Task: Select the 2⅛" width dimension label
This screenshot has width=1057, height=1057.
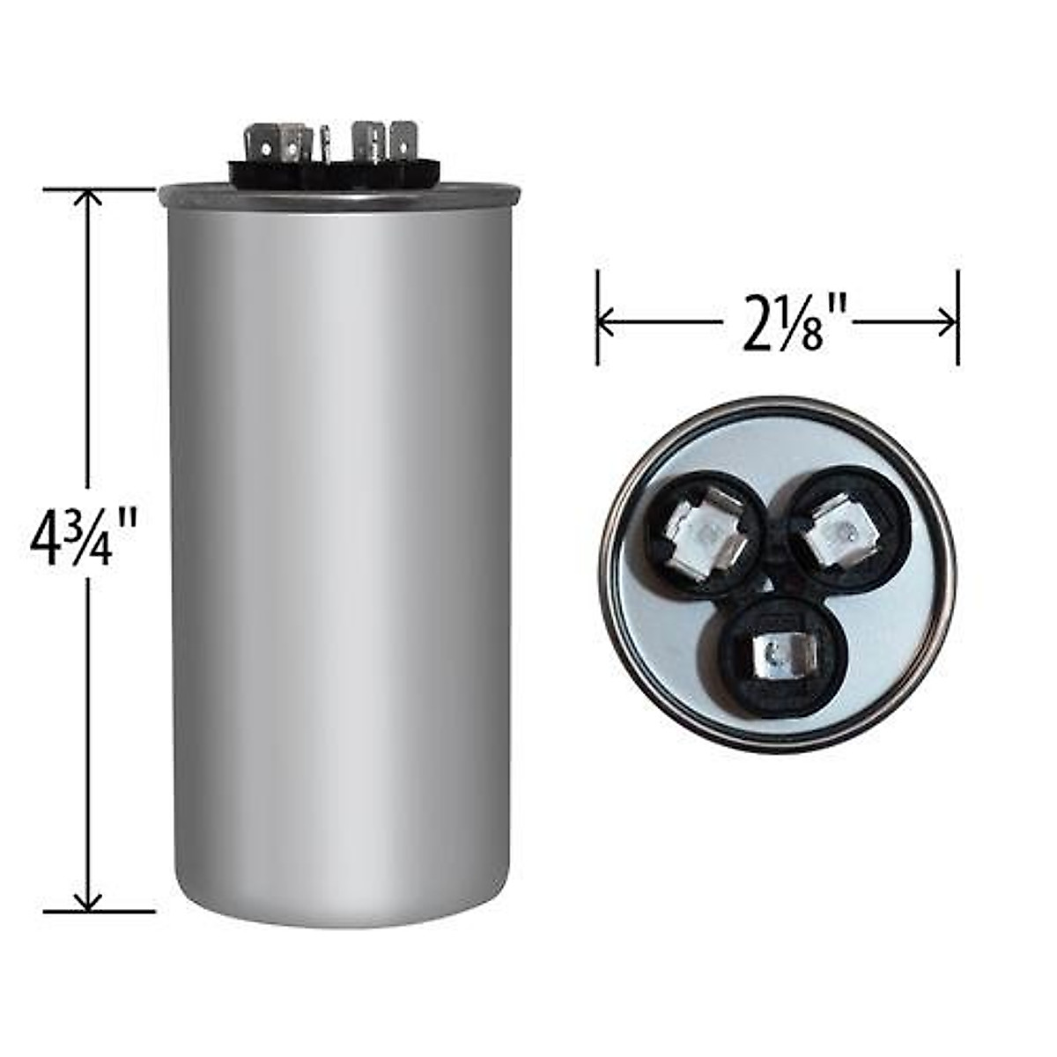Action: pos(786,325)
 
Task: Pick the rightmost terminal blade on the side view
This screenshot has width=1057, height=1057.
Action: pos(402,141)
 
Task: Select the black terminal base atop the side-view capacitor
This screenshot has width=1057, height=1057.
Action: pos(335,174)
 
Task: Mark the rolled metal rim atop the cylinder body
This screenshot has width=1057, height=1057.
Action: pos(338,196)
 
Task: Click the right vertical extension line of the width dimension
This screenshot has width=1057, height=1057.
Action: pos(957,317)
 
